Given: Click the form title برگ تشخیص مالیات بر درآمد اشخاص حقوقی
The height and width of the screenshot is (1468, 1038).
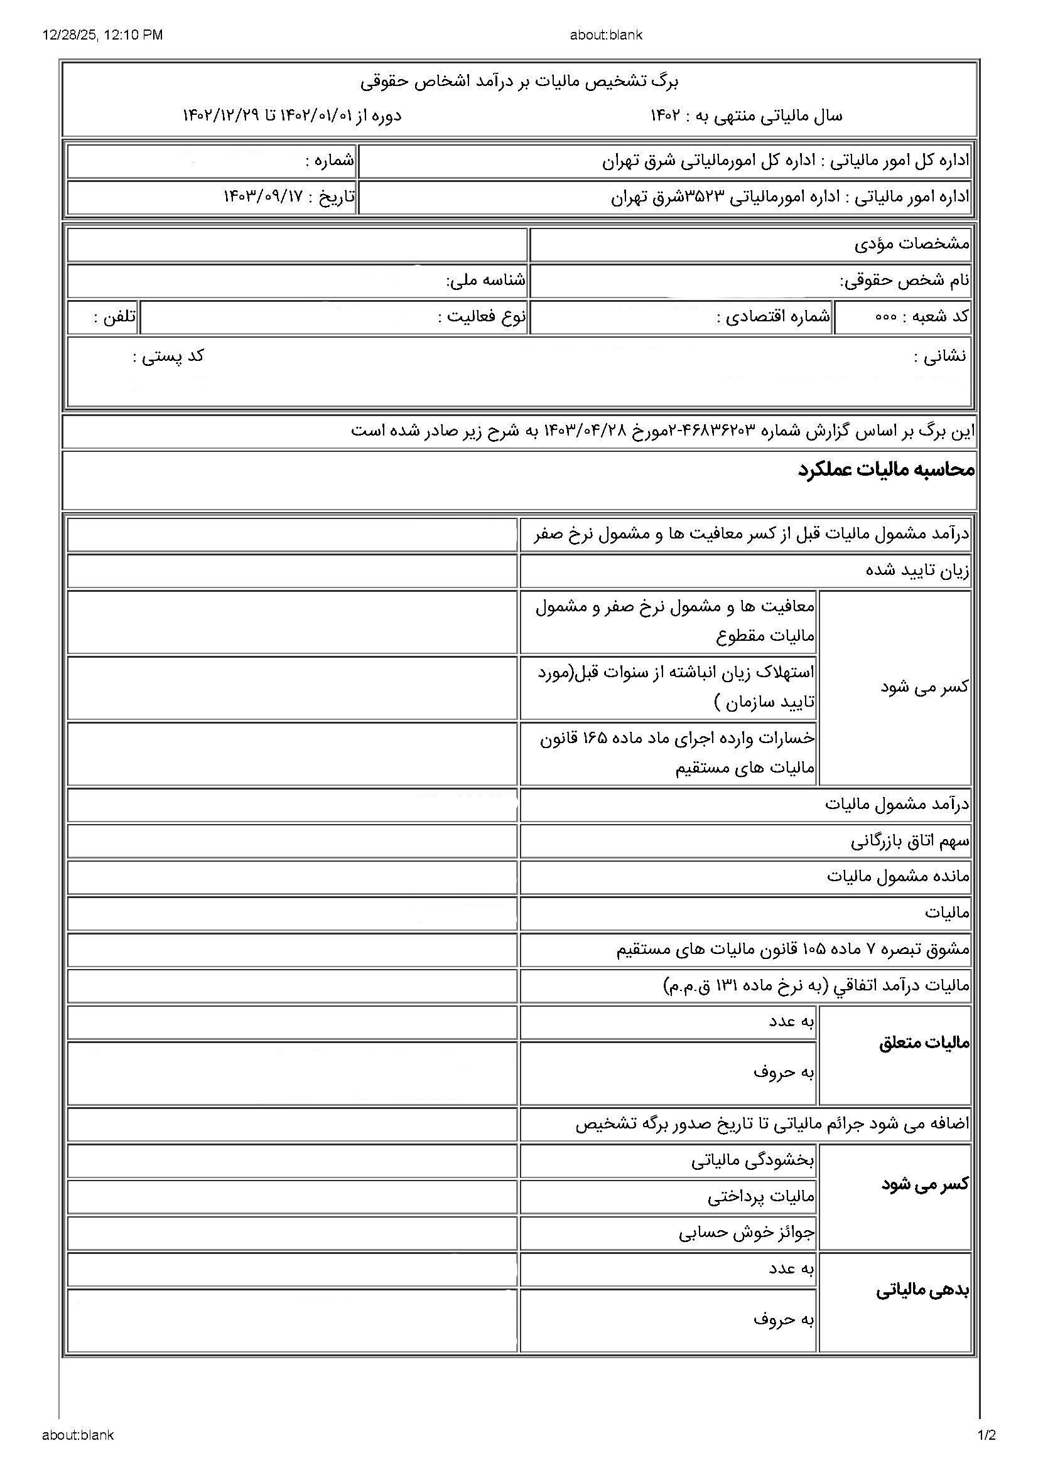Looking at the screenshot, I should click(519, 81).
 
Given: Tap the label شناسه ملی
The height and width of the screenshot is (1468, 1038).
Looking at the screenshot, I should click(485, 280).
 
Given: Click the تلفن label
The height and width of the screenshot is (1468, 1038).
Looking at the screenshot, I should click(115, 317).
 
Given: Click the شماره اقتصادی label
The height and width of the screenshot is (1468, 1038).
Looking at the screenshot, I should click(773, 317).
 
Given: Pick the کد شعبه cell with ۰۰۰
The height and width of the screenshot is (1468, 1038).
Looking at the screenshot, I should click(922, 317).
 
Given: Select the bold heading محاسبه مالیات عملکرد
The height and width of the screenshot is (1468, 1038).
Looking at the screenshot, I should click(886, 470).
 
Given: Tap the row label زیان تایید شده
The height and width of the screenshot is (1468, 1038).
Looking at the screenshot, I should click(917, 571).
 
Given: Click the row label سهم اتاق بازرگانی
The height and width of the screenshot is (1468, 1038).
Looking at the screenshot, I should click(909, 842).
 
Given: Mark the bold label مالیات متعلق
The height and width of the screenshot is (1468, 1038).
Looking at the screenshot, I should click(924, 1044).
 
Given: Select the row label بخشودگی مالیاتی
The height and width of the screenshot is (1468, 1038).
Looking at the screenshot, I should click(753, 1160).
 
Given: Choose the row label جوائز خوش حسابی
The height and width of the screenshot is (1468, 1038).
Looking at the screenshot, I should click(747, 1233).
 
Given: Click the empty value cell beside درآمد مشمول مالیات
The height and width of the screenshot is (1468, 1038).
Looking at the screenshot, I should click(291, 805).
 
